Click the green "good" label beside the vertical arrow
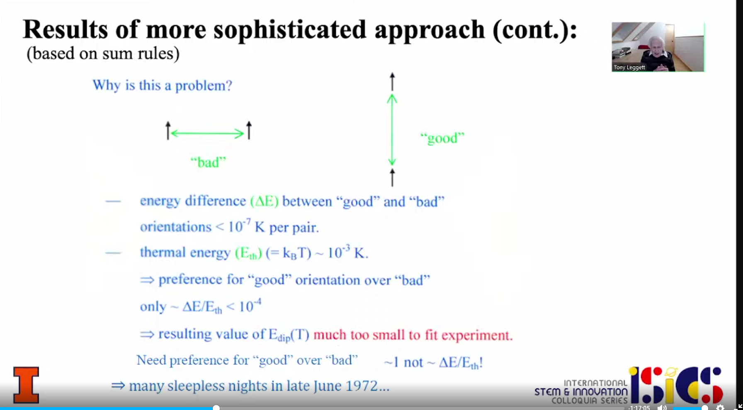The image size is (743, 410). tap(442, 138)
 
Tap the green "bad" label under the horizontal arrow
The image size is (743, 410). tap(208, 162)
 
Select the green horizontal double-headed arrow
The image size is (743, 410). tap(207, 133)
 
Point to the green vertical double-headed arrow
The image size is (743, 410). tap(392, 130)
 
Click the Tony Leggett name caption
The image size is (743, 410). tap(629, 67)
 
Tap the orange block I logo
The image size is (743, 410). tap(26, 385)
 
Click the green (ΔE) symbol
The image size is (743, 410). tap(265, 201)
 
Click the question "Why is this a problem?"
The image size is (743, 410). tap(162, 85)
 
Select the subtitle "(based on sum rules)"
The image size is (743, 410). tap(103, 53)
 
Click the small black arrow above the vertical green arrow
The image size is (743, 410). tap(392, 82)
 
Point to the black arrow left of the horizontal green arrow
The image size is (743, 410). tap(168, 131)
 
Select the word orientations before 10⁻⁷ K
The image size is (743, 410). tap(176, 227)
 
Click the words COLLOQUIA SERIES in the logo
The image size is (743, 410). tap(589, 400)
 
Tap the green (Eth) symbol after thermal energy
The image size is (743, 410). tap(248, 253)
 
